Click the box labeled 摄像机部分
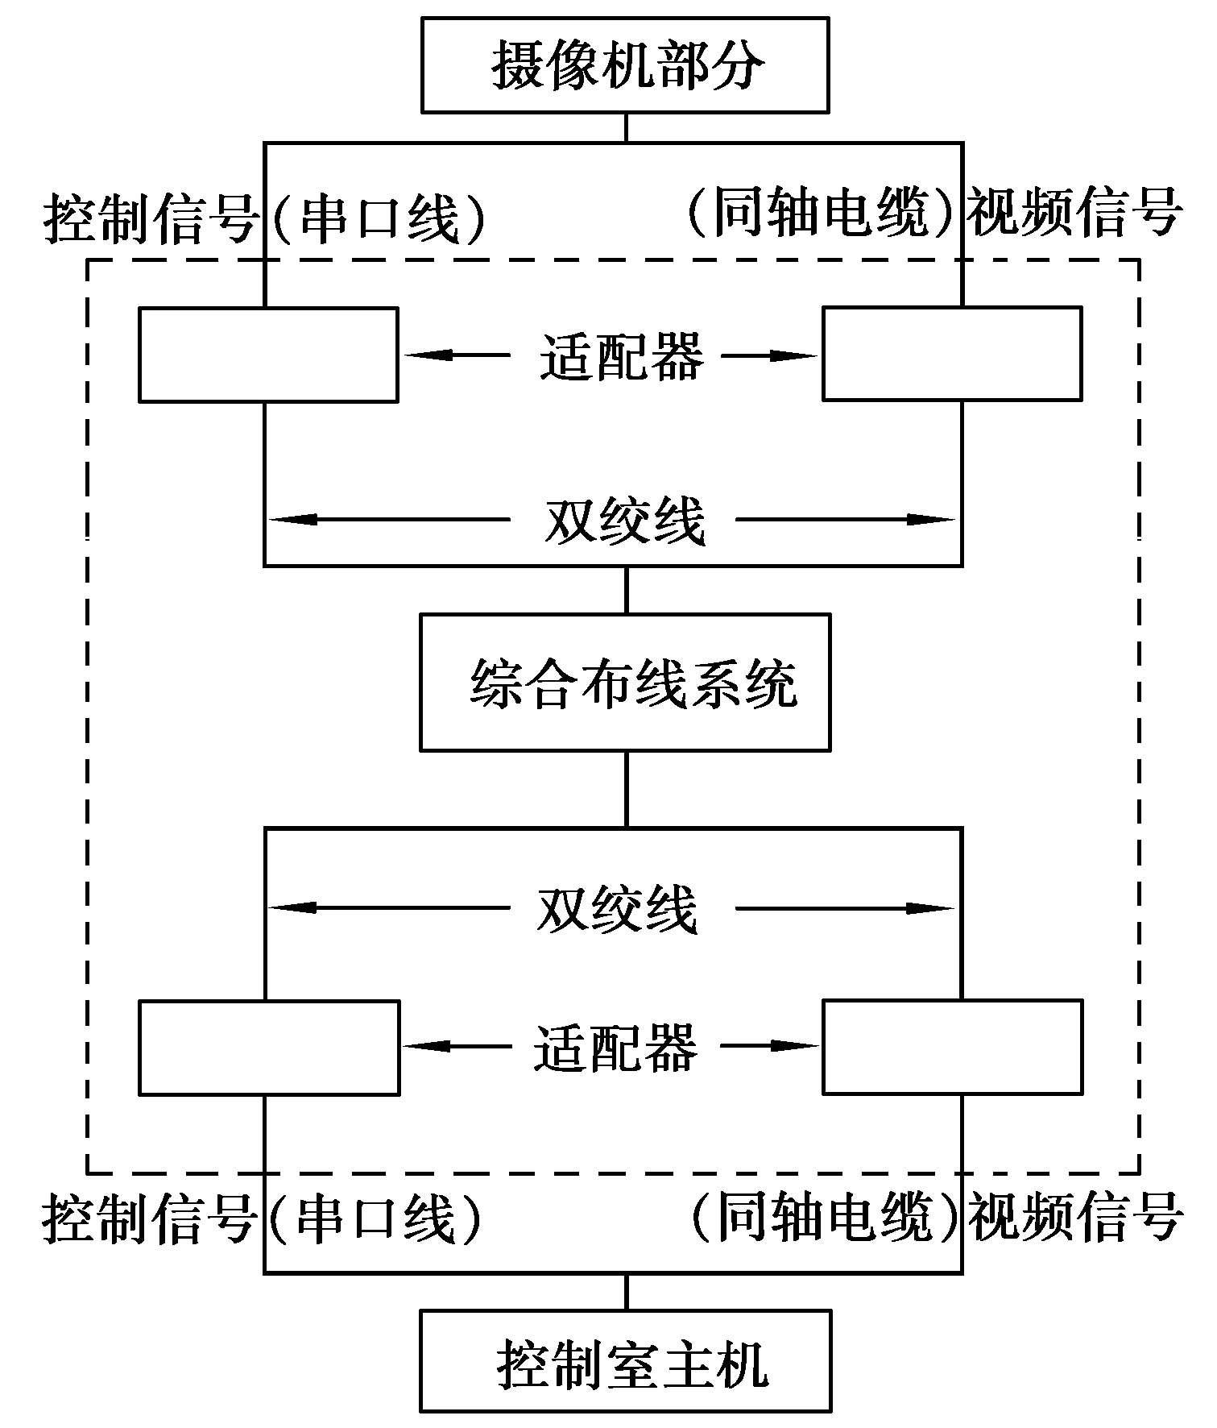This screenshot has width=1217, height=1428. point(625,65)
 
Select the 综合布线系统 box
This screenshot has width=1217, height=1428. point(625,683)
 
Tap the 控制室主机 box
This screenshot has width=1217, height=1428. point(625,1361)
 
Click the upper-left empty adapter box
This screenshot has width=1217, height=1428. point(268,355)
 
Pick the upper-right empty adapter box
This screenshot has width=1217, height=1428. point(952,354)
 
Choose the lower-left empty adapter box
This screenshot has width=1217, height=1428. point(269,1048)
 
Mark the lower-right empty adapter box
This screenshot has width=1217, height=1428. point(952,1047)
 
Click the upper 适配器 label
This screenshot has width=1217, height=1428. point(621,355)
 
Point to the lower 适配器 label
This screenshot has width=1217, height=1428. point(615,1047)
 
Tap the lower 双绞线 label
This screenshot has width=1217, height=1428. point(617,909)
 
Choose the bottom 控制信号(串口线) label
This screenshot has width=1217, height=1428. point(263,1217)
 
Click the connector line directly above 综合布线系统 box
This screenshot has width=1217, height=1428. point(626,590)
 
